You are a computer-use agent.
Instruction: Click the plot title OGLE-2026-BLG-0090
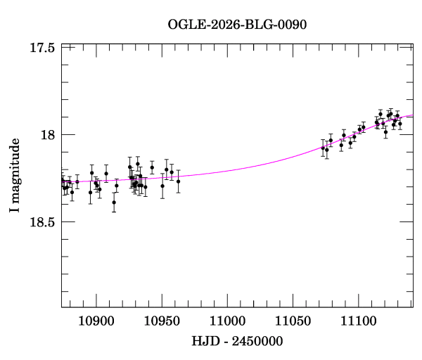[237, 24]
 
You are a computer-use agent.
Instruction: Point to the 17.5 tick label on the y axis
[43, 48]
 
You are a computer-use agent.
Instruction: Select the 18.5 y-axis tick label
[43, 221]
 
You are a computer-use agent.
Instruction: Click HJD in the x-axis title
[205, 342]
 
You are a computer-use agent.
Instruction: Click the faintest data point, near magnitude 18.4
[114, 202]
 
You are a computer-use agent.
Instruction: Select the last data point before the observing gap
[179, 181]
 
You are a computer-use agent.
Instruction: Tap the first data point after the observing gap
[323, 148]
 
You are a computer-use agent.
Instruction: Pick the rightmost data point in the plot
[400, 123]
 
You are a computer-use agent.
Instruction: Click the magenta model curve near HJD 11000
[227, 169]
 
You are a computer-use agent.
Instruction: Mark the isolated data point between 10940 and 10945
[152, 167]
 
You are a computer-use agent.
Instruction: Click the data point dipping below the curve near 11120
[385, 131]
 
